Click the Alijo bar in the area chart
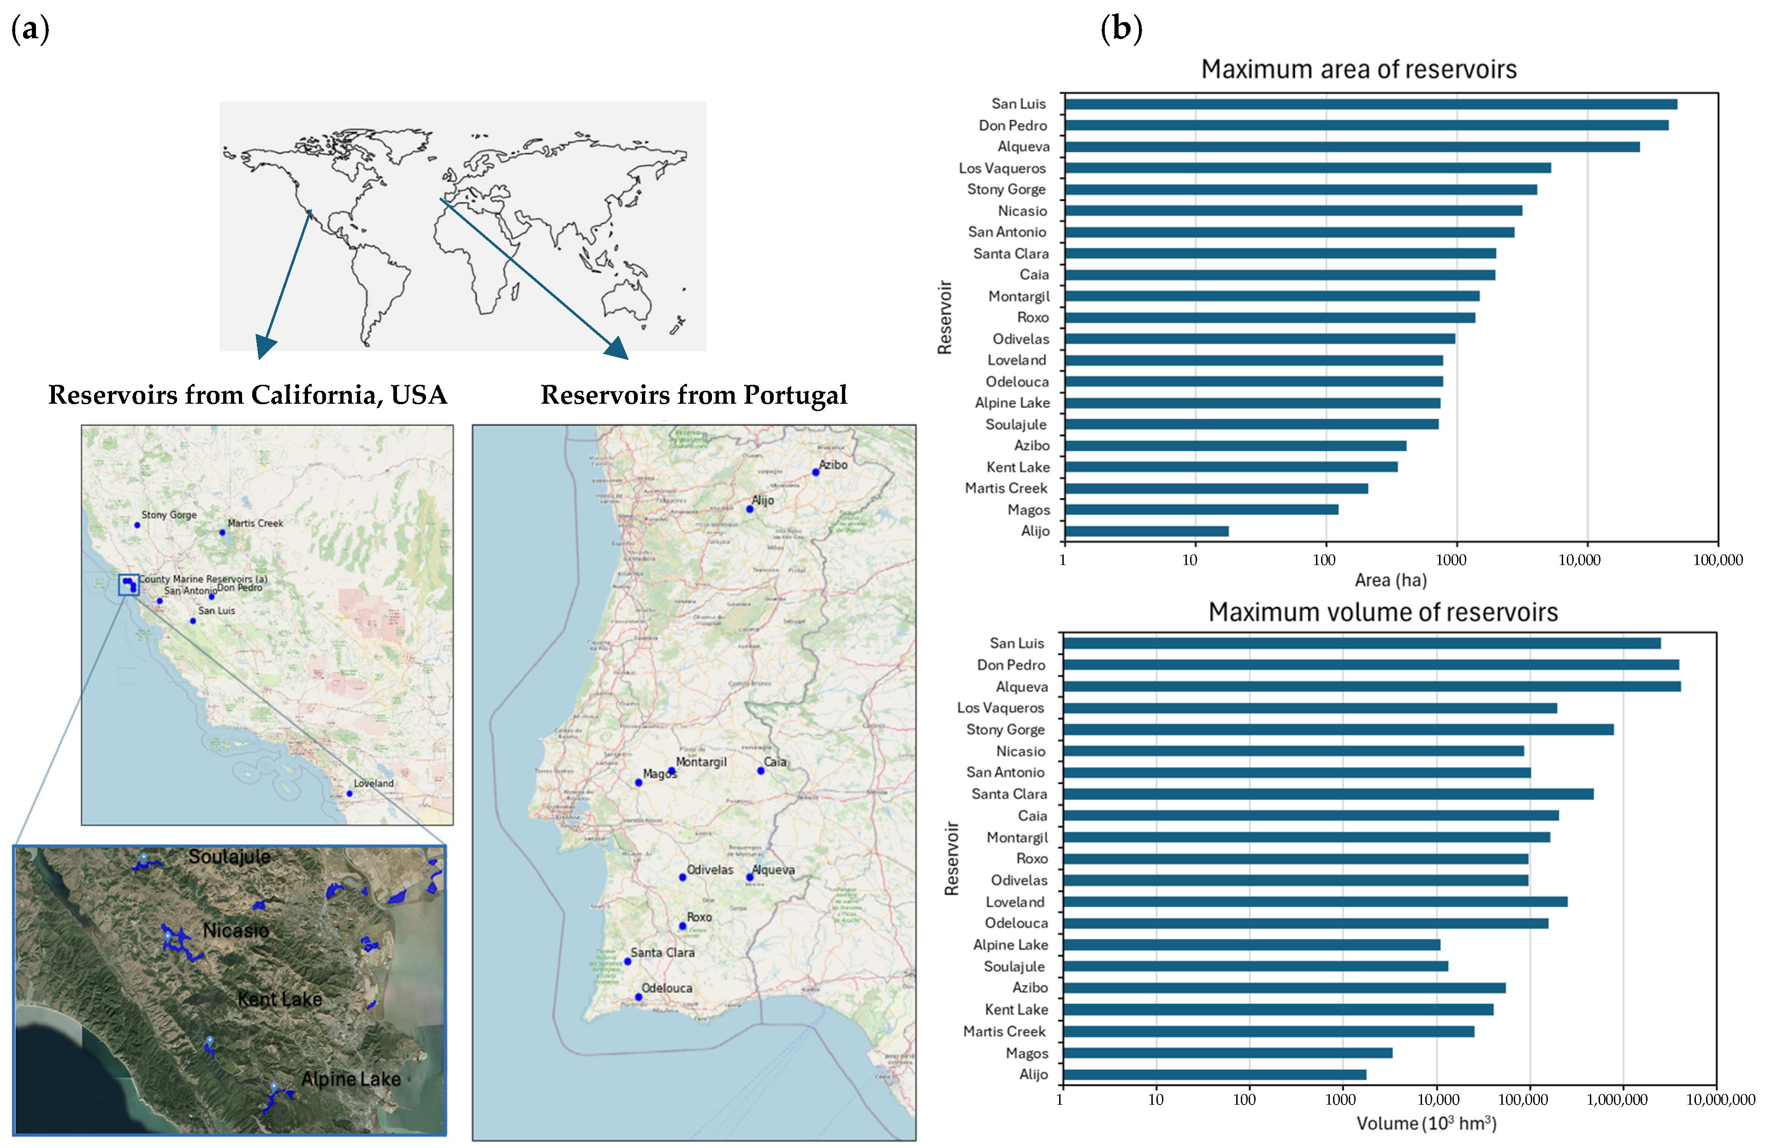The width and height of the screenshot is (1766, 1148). pyautogui.click(x=1146, y=531)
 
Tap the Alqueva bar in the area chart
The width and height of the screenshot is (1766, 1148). pyautogui.click(x=1352, y=147)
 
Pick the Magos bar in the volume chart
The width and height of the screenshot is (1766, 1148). pyautogui.click(x=1227, y=1053)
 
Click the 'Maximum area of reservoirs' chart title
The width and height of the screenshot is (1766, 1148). pyautogui.click(x=1359, y=70)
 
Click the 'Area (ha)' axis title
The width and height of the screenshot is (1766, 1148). pyautogui.click(x=1391, y=580)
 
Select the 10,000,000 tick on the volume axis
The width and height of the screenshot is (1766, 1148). pyautogui.click(x=1720, y=1100)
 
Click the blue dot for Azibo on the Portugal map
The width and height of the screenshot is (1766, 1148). pyautogui.click(x=816, y=472)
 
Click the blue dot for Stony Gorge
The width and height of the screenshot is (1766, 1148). pyautogui.click(x=137, y=525)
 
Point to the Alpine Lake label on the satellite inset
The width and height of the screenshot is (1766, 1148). pyautogui.click(x=351, y=1079)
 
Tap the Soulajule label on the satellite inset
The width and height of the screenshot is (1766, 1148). pyautogui.click(x=229, y=857)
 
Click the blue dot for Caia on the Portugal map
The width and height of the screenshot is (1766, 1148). pyautogui.click(x=760, y=771)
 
